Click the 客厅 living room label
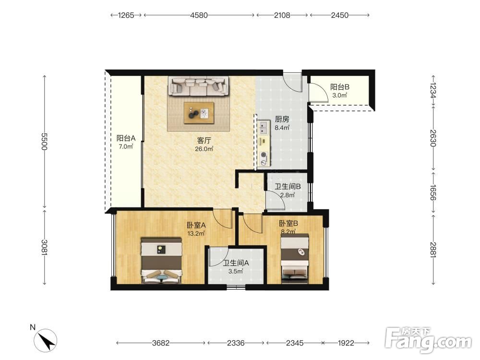(x=204, y=141)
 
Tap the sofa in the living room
(x=198, y=86)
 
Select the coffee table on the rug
(x=199, y=113)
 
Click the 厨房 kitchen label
(x=282, y=119)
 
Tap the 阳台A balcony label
(x=126, y=138)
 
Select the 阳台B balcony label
(x=339, y=87)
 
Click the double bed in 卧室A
(x=162, y=260)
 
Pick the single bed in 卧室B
(x=295, y=257)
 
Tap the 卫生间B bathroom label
(x=288, y=186)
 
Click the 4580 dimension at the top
(x=199, y=15)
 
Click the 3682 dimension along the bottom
(x=161, y=343)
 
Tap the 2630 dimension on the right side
(x=433, y=138)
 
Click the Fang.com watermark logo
(x=428, y=338)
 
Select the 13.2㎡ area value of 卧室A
(x=196, y=234)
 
